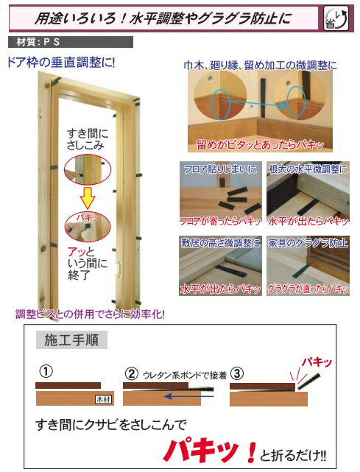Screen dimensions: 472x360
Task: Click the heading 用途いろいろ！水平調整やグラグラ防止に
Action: click(x=166, y=14)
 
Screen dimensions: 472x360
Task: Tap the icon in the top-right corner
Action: click(x=337, y=15)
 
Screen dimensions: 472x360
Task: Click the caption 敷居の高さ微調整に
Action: click(x=220, y=242)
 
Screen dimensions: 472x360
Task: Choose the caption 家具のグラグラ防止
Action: click(x=308, y=242)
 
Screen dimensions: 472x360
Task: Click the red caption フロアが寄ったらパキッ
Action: click(x=220, y=221)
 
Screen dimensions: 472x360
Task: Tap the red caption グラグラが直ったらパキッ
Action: click(x=308, y=290)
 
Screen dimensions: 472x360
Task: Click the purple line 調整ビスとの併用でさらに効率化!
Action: click(x=91, y=314)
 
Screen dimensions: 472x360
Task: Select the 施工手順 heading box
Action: click(x=71, y=341)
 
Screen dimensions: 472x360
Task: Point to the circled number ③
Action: click(x=236, y=372)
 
